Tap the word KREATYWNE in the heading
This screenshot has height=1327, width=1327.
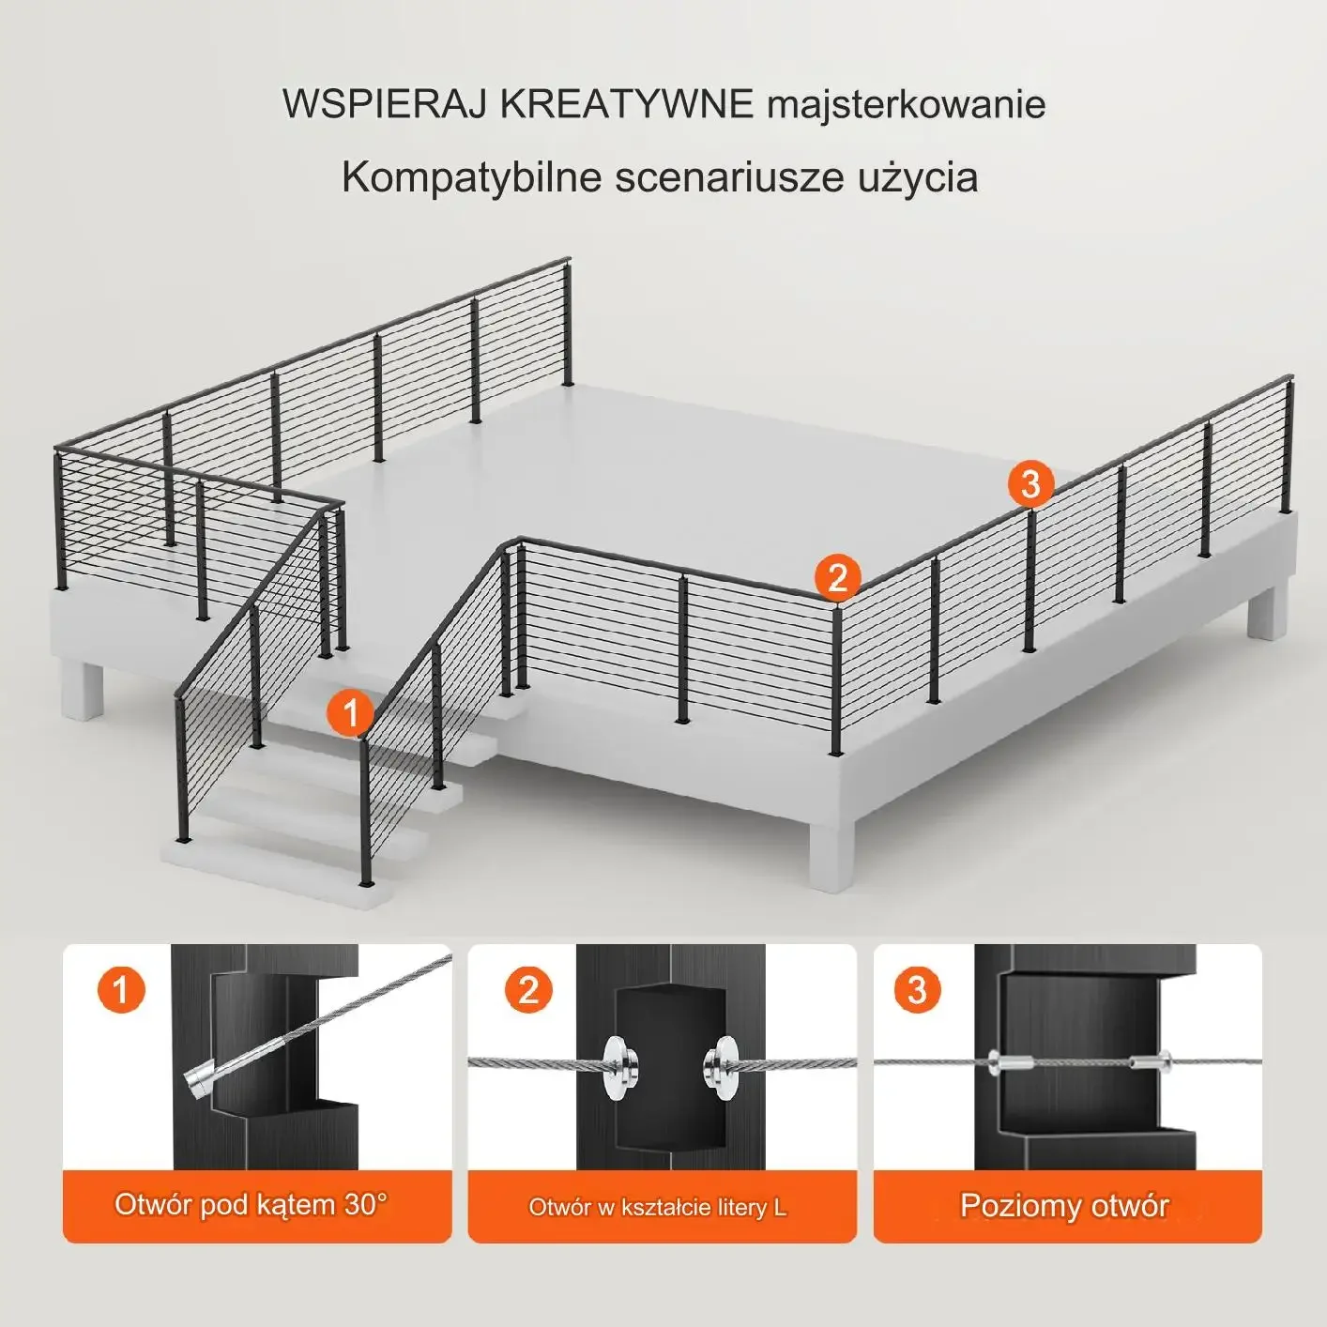(x=627, y=105)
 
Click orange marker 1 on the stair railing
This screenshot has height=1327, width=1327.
(x=350, y=712)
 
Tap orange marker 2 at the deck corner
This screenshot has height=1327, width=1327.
(x=837, y=577)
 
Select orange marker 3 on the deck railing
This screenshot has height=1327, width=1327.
(x=1030, y=483)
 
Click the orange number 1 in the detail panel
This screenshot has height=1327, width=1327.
(x=121, y=990)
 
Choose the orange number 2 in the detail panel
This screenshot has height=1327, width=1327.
(x=528, y=989)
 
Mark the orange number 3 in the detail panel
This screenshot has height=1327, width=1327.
(x=917, y=989)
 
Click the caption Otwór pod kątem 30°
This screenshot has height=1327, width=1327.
(x=252, y=1204)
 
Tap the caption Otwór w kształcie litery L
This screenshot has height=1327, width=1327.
(x=658, y=1207)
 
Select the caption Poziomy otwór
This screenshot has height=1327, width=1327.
(x=1064, y=1205)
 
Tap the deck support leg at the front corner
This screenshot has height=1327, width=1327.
(x=831, y=857)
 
